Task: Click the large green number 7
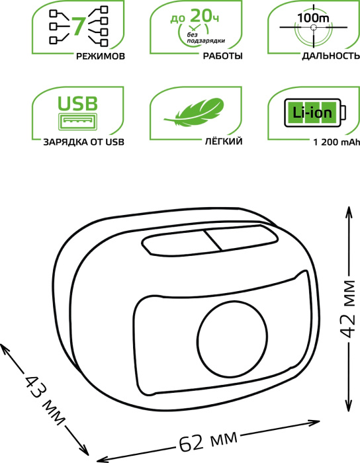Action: point(78,26)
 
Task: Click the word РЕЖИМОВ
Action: point(101,56)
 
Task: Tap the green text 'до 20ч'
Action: point(195,17)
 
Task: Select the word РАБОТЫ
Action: point(222,56)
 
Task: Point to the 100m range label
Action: point(313,18)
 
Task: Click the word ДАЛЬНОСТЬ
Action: point(331,56)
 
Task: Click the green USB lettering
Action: point(77,103)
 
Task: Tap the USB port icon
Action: point(77,121)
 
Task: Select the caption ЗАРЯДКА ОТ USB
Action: point(83,142)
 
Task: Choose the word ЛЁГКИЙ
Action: point(224,142)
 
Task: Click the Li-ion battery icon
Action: point(315,113)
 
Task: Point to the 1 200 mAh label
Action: point(337,142)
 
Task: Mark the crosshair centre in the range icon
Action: point(313,28)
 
